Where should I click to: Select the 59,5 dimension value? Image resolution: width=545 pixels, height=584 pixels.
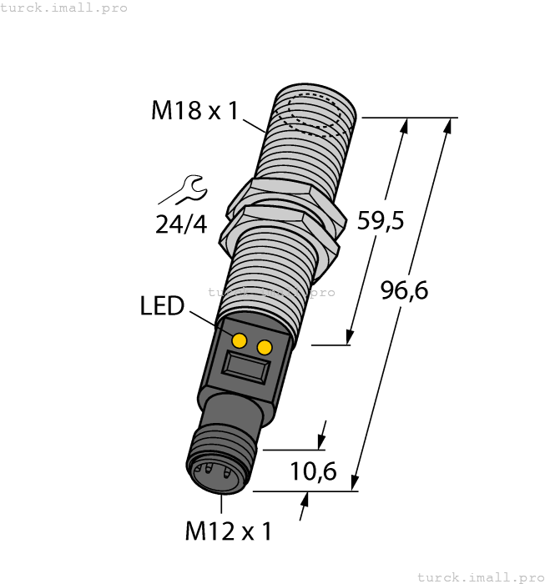tap(381, 221)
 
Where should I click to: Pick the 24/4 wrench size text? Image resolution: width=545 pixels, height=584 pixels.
tap(180, 224)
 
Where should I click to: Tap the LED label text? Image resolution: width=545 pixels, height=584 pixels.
tap(162, 306)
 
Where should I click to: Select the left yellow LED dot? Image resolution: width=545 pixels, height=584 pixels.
tap(240, 340)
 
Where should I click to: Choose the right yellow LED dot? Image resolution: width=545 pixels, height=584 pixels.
tap(265, 347)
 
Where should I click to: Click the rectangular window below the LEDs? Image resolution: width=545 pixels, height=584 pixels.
tap(246, 366)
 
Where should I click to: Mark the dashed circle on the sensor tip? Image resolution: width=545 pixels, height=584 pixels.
tap(315, 116)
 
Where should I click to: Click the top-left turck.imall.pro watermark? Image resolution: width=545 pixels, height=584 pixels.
tap(64, 8)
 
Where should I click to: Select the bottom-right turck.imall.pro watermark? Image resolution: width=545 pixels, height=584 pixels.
tap(479, 576)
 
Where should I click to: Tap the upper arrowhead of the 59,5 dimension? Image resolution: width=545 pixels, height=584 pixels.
tap(406, 126)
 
